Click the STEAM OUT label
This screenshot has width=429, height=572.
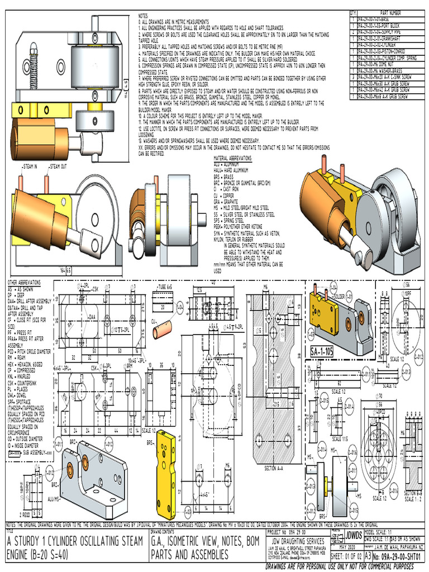57,166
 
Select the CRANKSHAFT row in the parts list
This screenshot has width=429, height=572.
380,41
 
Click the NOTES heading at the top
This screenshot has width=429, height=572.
144,16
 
